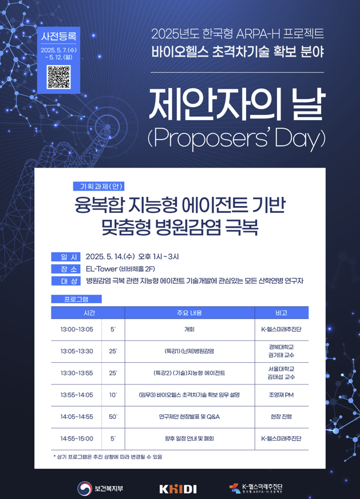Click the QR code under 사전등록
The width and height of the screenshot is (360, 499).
click(x=58, y=77)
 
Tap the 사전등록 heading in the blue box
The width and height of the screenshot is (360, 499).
click(x=58, y=36)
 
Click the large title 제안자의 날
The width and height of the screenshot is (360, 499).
click(x=237, y=104)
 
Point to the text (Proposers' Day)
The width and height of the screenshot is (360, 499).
click(x=237, y=138)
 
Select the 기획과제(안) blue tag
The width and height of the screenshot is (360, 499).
click(x=98, y=186)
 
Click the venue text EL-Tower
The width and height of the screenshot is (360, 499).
click(x=102, y=269)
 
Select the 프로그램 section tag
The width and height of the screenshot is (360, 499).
click(x=76, y=299)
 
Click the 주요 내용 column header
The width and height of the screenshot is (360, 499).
click(x=189, y=313)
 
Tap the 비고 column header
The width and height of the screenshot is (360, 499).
click(x=282, y=313)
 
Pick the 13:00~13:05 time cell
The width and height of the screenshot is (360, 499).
click(x=77, y=330)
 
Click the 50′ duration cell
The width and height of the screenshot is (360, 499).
click(x=113, y=417)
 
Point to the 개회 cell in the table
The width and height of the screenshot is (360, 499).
click(x=189, y=330)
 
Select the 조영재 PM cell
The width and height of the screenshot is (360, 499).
click(x=282, y=395)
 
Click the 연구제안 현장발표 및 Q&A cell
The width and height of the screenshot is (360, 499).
click(x=189, y=417)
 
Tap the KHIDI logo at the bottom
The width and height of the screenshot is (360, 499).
click(x=178, y=489)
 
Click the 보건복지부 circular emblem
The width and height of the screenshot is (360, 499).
click(x=85, y=489)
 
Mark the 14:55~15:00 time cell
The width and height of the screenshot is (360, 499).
click(x=77, y=438)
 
